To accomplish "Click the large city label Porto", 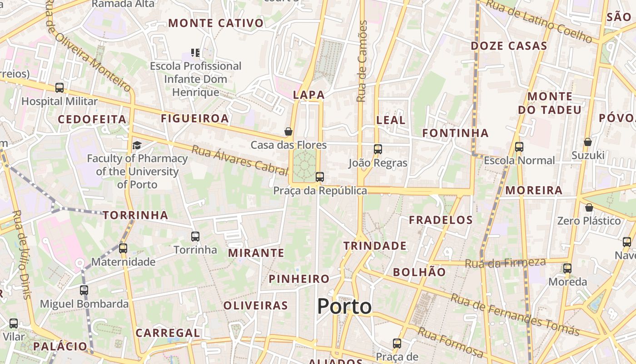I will (x=344, y=306).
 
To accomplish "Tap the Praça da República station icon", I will (x=320, y=177).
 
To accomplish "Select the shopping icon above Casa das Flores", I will (x=288, y=132).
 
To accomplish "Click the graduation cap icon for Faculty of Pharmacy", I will (x=137, y=145).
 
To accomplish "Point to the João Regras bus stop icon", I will (x=378, y=149).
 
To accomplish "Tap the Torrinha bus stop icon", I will (x=195, y=236).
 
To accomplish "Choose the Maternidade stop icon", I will (x=123, y=248).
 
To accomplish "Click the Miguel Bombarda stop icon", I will (x=84, y=290).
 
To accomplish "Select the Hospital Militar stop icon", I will (x=60, y=88).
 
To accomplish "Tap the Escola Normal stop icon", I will (x=519, y=147).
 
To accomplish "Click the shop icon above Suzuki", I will (x=587, y=142).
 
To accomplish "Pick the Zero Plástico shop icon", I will (x=589, y=208).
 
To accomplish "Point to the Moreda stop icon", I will (x=567, y=268).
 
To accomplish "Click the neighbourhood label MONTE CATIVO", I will (x=216, y=23).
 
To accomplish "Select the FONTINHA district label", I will (x=455, y=133).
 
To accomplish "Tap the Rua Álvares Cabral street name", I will (x=240, y=160).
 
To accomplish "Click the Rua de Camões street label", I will (x=362, y=61).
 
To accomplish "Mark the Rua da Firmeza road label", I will (x=505, y=263).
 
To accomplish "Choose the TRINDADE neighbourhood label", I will (x=375, y=246).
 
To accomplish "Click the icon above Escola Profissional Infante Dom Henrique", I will (x=195, y=53).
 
